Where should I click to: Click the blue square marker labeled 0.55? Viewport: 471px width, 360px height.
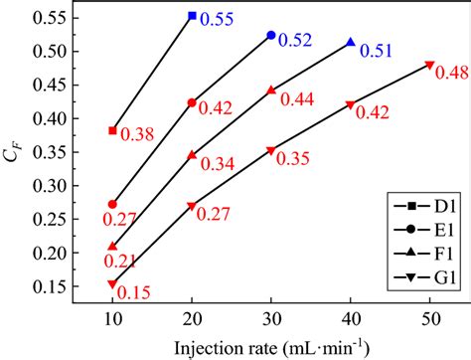[192, 16]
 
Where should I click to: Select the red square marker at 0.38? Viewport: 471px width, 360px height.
[112, 130]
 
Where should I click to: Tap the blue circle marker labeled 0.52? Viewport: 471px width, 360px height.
[271, 36]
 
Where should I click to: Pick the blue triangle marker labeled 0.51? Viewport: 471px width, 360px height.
[351, 42]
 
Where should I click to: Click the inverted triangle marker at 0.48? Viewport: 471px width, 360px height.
[429, 65]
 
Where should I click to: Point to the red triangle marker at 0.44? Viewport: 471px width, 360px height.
[271, 90]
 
